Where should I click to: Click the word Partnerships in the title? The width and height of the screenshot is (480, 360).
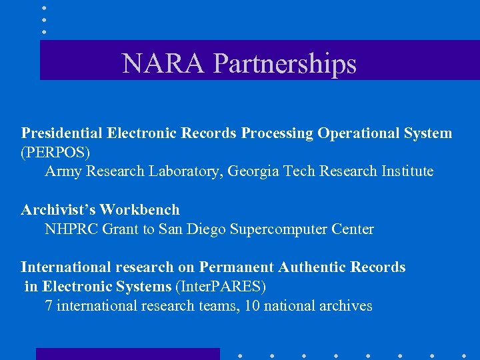tap(285, 63)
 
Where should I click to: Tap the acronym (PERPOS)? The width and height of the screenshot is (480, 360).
tap(55, 152)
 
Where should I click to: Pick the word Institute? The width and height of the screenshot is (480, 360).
tap(407, 171)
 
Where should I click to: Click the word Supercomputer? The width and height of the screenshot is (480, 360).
tap(277, 229)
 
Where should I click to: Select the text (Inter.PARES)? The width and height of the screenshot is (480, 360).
tap(220, 287)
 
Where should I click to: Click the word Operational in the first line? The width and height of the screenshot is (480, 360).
tap(359, 133)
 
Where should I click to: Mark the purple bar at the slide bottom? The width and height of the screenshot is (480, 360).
tap(127, 354)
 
